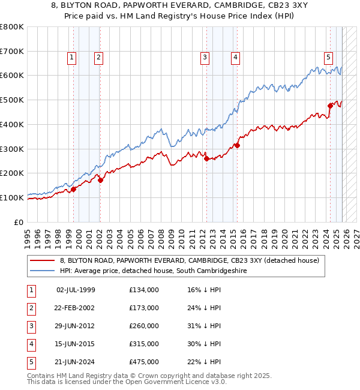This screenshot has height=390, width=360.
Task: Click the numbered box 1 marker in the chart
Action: pyautogui.click(x=71, y=58)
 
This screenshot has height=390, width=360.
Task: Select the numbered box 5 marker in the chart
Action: pyautogui.click(x=329, y=58)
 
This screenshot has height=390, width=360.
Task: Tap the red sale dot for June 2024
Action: pyautogui.click(x=330, y=106)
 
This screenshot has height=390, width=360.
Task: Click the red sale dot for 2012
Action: pyautogui.click(x=206, y=158)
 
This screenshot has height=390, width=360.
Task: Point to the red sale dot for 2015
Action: pyautogui.click(x=237, y=145)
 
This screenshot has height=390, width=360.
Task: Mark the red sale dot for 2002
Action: pyautogui.click(x=100, y=179)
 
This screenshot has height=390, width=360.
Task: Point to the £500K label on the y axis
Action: pyautogui.click(x=11, y=100)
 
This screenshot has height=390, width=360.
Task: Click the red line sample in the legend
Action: pyautogui.click(x=43, y=260)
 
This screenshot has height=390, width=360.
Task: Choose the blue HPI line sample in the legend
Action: pyautogui.click(x=43, y=271)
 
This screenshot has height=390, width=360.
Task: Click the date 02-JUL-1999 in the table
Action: pyautogui.click(x=76, y=290)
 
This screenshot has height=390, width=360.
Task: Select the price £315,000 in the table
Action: pyautogui.click(x=144, y=344)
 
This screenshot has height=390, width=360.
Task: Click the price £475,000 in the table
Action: pyautogui.click(x=144, y=362)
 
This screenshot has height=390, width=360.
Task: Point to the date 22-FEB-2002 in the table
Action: pyautogui.click(x=76, y=308)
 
